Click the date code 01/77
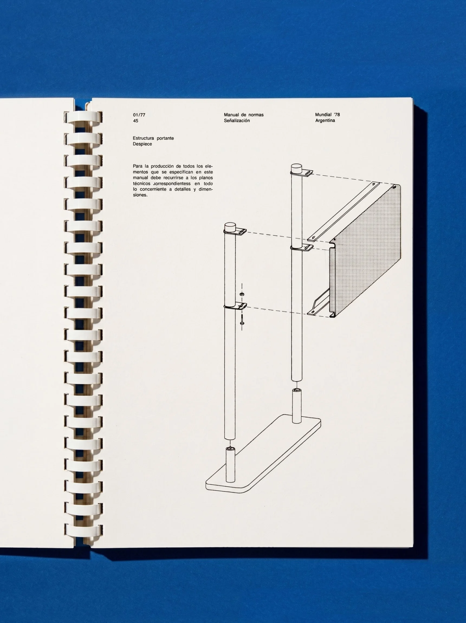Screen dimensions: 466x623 click(x=139, y=115)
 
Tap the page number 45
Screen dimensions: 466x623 click(x=135, y=121)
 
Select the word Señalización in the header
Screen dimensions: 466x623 click(x=237, y=121)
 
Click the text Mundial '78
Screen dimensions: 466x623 click(x=327, y=115)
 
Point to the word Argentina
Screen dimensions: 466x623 click(x=325, y=121)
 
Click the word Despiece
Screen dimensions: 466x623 click(x=142, y=144)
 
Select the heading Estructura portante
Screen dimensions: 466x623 click(x=153, y=138)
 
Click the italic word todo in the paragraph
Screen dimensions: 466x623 click(x=208, y=184)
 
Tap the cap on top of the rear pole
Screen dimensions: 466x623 click(x=296, y=169)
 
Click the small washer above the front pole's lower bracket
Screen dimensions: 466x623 click(x=241, y=294)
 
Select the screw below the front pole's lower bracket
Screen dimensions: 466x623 click(x=242, y=320)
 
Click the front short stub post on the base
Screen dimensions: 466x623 click(x=230, y=466)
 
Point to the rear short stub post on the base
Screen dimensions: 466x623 click(x=296, y=406)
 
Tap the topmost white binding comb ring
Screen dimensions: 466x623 click(x=83, y=117)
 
